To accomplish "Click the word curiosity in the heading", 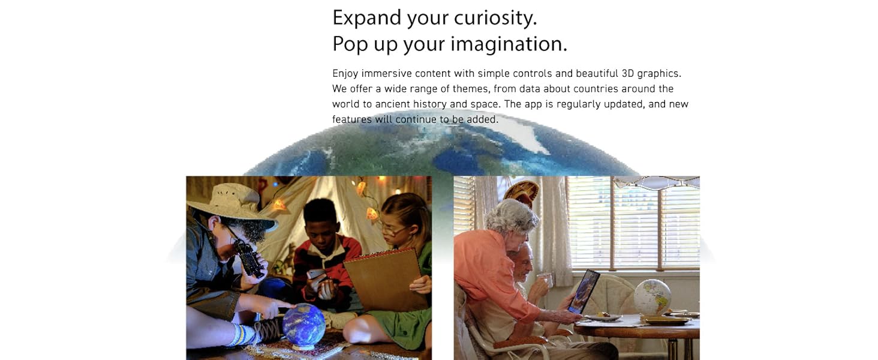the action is coord(495,19).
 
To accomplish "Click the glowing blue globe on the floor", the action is coord(304,325).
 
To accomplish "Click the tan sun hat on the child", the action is coord(231,206).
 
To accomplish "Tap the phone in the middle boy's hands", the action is coord(317,275).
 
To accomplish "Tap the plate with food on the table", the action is coord(602,317).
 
